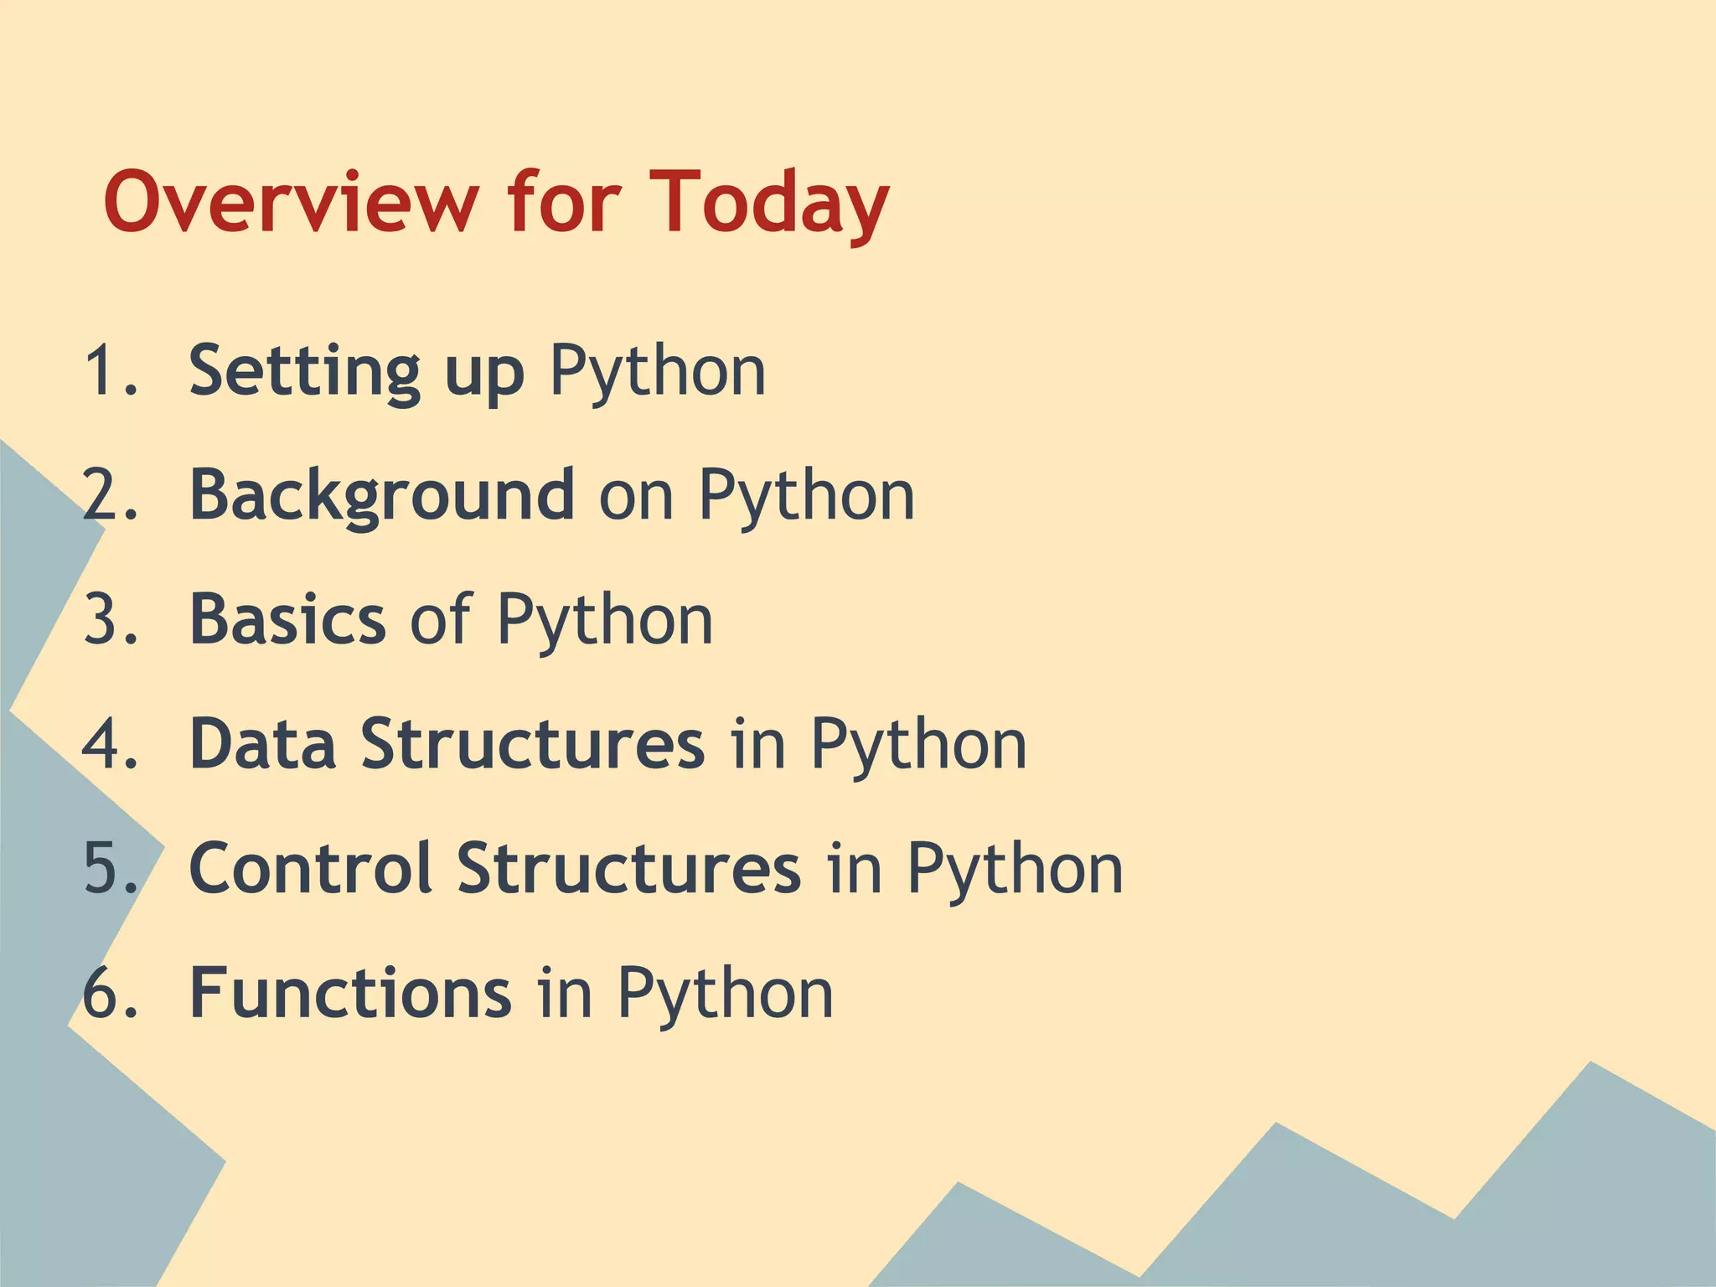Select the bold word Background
coord(382,496)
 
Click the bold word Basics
coord(287,619)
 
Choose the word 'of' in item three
coord(441,619)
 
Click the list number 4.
coord(109,743)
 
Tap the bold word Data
coord(262,743)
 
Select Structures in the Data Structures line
coord(533,743)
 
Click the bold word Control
coord(311,868)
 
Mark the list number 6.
coord(109,993)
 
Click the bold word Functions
coord(350,993)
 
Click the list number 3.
coord(109,619)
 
